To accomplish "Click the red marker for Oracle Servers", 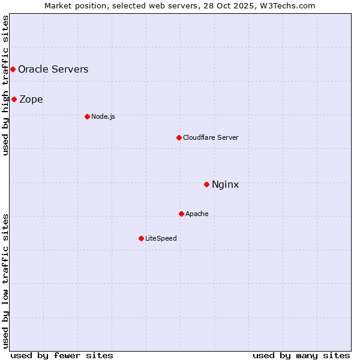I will coord(13,69).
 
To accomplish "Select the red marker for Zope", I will coord(14,99).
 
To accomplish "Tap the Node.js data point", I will coord(87,116).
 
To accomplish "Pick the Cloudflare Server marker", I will coord(179,137).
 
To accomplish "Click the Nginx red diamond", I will coord(206,184).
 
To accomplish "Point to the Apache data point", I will coord(181,214).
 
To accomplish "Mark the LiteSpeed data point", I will coord(141,238).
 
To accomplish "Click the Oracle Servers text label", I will coord(53,69).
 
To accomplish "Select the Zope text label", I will coord(31,99).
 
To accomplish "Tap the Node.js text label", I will coord(103,116).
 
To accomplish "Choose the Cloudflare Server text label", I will coord(211,137).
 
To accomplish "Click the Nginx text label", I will coord(226,184).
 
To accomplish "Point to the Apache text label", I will coord(197,214).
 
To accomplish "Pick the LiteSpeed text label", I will coord(161,238).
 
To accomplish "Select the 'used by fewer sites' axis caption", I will coord(62,355).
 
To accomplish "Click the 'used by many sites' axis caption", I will coord(301,355).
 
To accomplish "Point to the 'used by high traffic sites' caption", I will coord(5,85).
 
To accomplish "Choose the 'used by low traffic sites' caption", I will coord(5,280).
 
